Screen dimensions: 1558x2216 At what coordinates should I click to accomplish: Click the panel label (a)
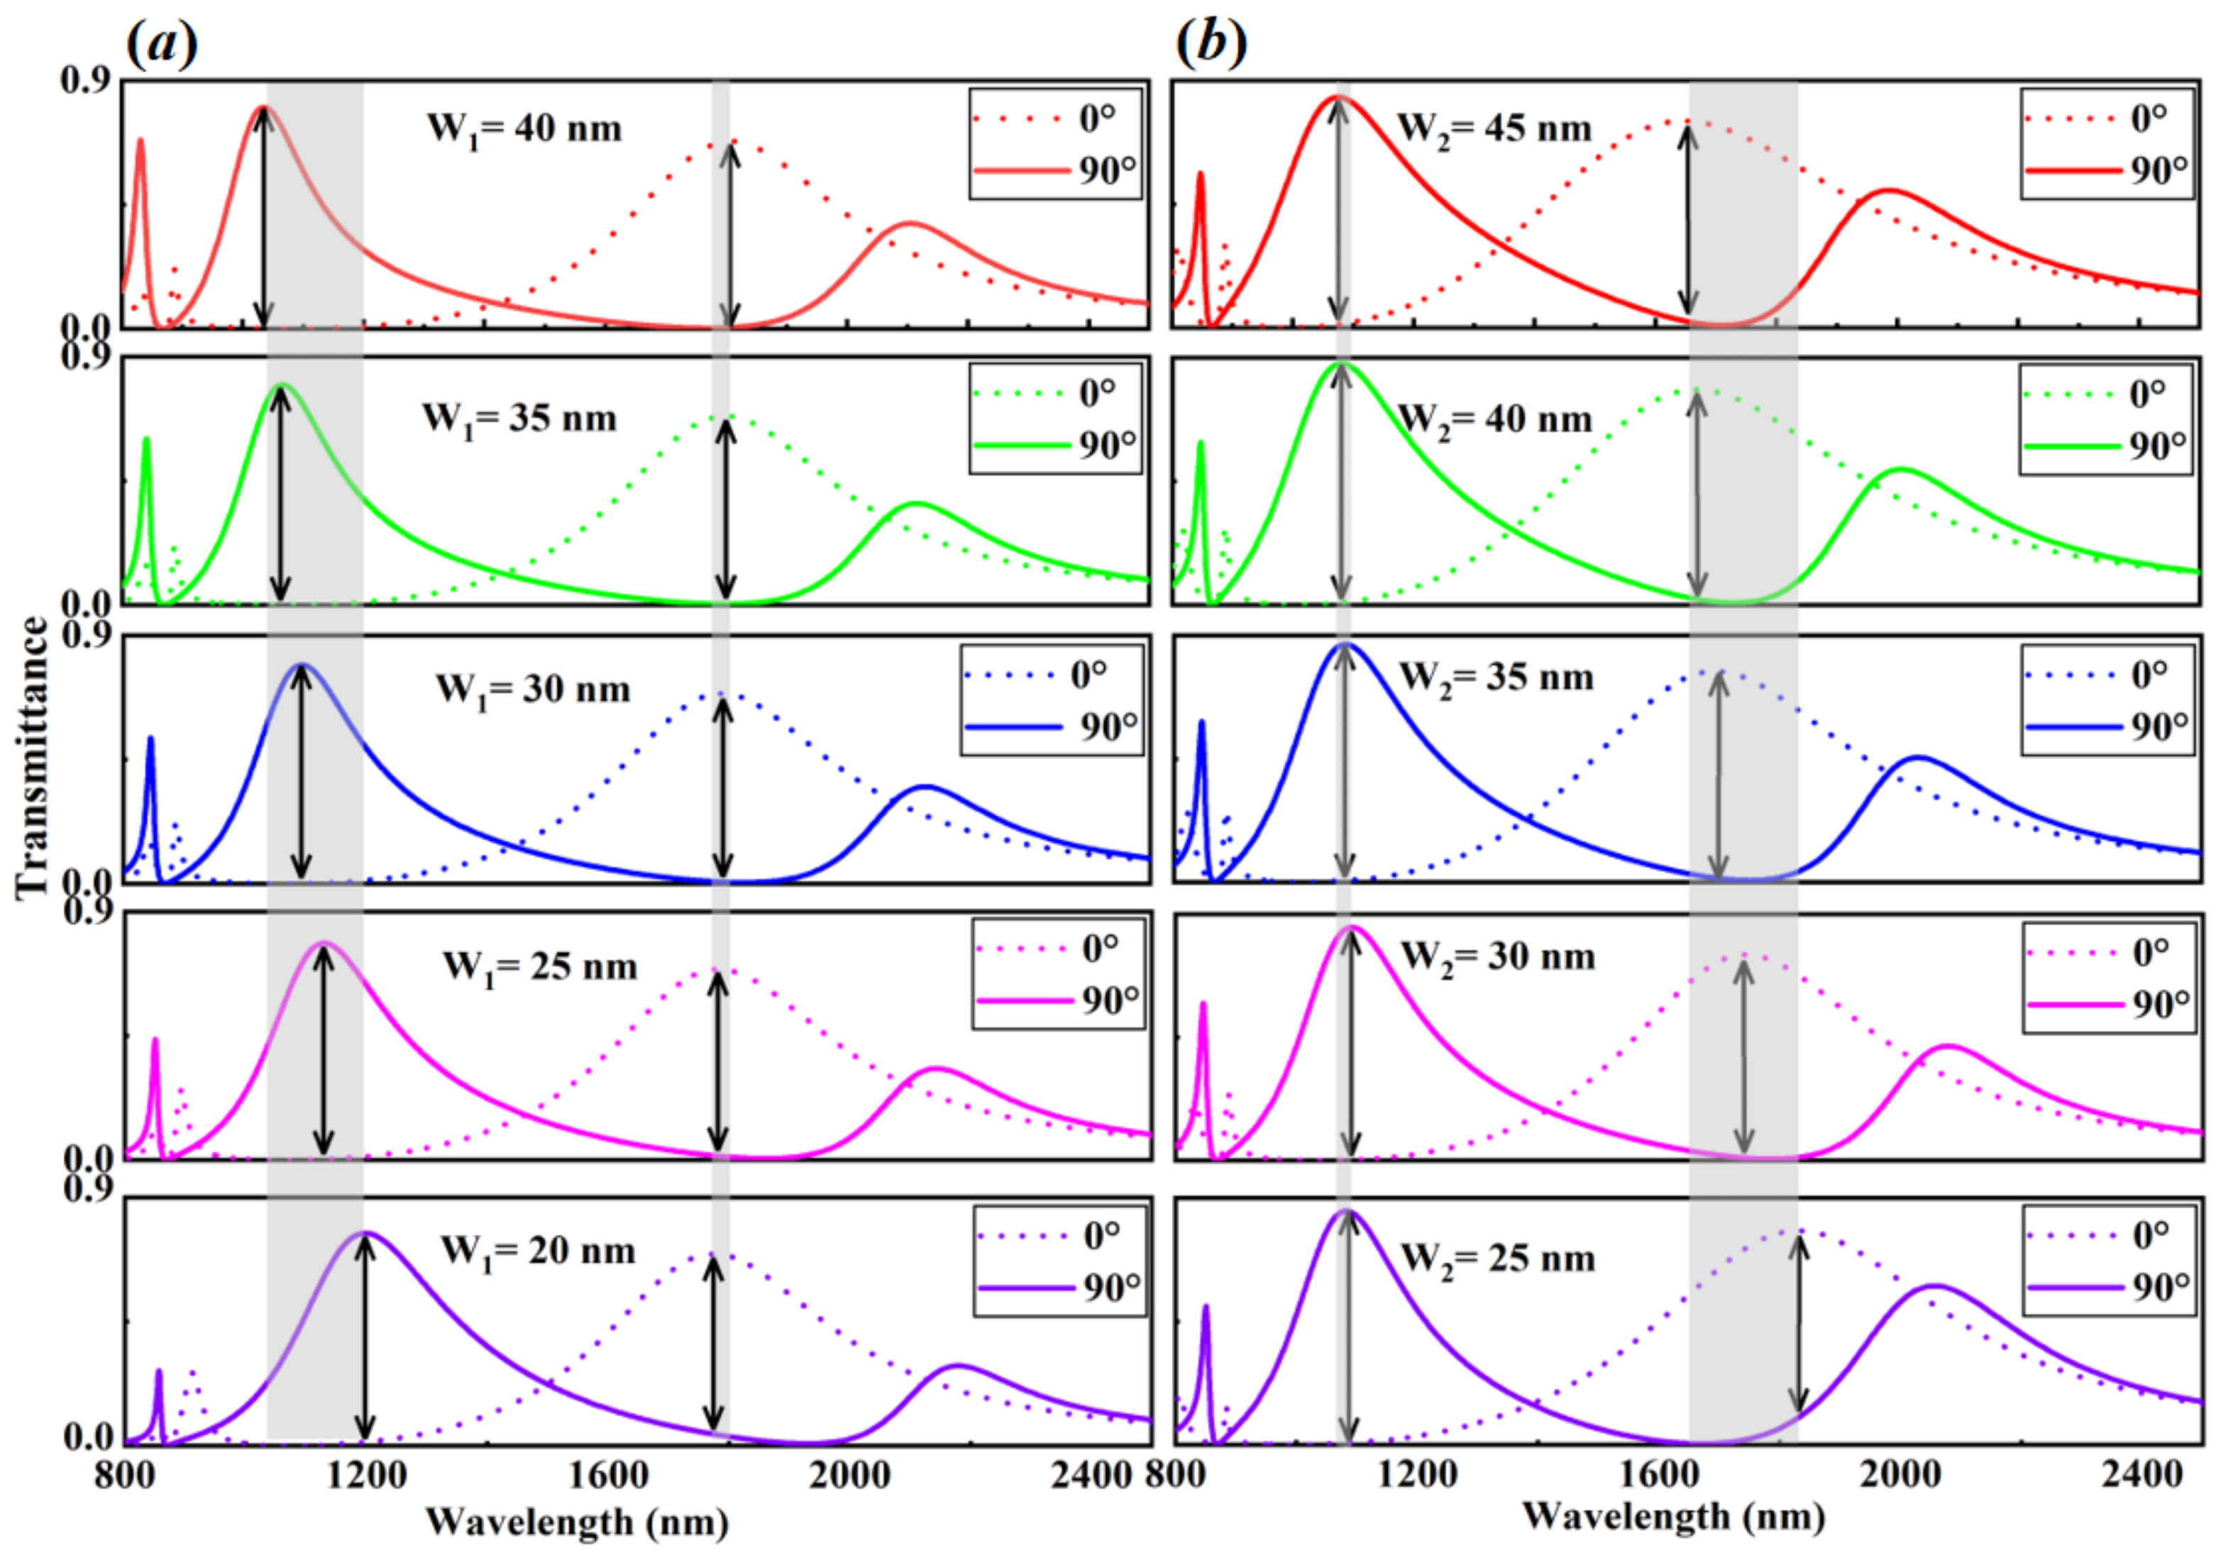coord(162,43)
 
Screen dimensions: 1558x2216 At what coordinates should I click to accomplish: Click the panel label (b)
coord(1211,43)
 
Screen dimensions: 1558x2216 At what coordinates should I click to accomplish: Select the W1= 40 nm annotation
coord(524,128)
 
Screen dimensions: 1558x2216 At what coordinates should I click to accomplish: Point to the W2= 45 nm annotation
coord(1494,128)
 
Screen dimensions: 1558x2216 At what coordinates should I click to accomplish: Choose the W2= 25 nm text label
coord(1497,1259)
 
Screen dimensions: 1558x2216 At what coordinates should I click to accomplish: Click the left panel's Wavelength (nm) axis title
coord(577,1523)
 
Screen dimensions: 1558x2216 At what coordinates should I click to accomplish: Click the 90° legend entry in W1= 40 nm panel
coord(1056,171)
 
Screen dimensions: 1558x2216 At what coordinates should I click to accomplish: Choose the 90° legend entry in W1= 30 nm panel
coord(1052,726)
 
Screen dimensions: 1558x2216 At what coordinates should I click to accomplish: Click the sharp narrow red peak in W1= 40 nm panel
coord(140,141)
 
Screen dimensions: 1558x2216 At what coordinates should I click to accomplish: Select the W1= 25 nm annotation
coord(541,967)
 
